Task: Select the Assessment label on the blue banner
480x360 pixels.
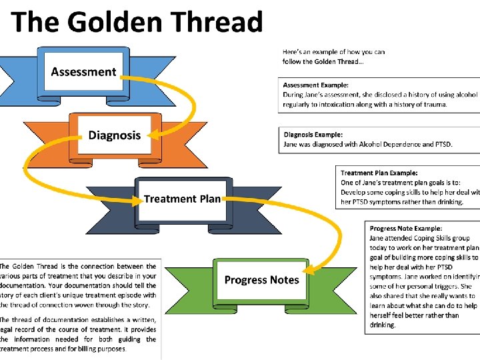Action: pos(83,72)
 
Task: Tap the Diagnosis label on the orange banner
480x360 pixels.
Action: pos(115,135)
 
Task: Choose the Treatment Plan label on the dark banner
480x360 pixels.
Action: pos(182,199)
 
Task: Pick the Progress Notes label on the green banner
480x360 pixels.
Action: pos(261,280)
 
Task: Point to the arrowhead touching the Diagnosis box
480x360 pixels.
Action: pos(152,135)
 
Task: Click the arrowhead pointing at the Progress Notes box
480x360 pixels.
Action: pos(308,270)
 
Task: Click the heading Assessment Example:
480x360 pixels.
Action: pos(315,85)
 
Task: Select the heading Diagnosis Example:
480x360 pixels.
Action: pos(313,135)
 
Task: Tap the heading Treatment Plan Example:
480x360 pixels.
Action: pos(379,173)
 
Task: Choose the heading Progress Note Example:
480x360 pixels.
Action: pos(406,229)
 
